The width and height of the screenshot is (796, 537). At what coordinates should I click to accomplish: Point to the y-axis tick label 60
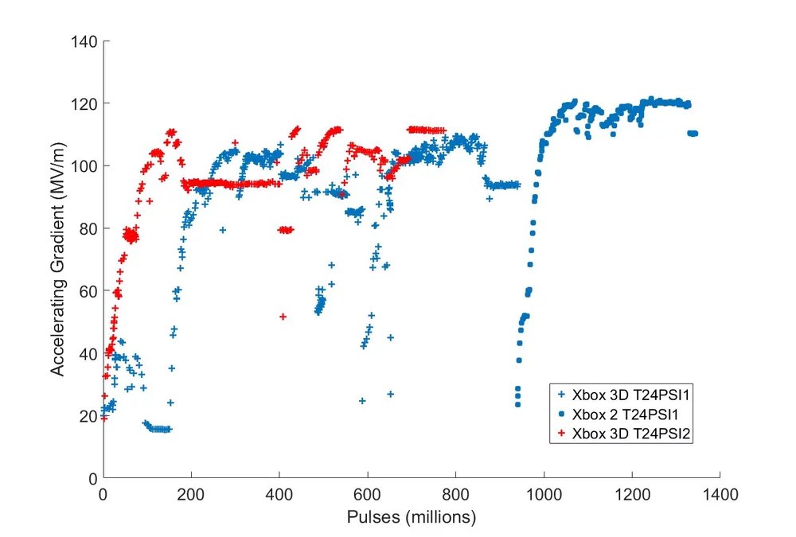click(87, 290)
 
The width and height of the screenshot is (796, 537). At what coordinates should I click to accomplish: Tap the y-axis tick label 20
click(87, 415)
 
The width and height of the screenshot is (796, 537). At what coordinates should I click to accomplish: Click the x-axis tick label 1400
click(719, 494)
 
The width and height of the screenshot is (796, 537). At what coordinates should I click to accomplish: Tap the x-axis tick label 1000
click(544, 494)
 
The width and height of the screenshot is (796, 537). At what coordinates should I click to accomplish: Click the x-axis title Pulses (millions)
click(412, 517)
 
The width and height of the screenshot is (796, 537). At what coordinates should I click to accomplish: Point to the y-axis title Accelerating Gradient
click(58, 259)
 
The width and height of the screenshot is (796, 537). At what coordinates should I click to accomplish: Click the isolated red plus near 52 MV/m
click(283, 317)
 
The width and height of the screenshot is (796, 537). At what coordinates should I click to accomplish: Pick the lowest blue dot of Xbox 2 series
click(517, 404)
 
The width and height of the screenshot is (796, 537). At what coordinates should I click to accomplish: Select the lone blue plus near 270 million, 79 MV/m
click(223, 231)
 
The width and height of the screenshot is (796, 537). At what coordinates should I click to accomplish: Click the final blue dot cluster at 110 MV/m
click(693, 134)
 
